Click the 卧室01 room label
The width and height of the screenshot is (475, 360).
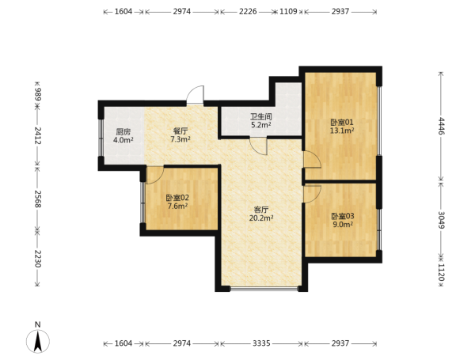(x=342, y=123)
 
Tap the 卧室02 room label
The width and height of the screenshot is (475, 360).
(x=177, y=198)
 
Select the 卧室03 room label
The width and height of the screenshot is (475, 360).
(x=342, y=216)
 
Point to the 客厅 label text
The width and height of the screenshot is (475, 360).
(x=261, y=210)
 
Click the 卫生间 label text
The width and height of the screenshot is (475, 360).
(x=260, y=116)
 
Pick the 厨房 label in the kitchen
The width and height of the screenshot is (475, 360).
(x=123, y=132)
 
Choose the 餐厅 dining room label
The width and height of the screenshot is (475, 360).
(x=180, y=131)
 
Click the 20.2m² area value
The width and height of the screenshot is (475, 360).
(x=261, y=218)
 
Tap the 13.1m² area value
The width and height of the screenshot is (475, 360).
(x=342, y=131)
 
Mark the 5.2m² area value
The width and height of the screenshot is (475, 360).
(x=260, y=125)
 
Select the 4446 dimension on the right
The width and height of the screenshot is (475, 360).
(x=442, y=126)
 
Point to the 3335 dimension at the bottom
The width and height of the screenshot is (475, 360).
(x=261, y=343)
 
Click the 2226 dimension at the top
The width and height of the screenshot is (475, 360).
(x=248, y=12)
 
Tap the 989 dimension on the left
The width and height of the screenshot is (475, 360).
(x=37, y=94)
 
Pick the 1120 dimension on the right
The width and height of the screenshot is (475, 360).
(x=442, y=272)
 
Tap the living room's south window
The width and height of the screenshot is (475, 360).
(x=264, y=289)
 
